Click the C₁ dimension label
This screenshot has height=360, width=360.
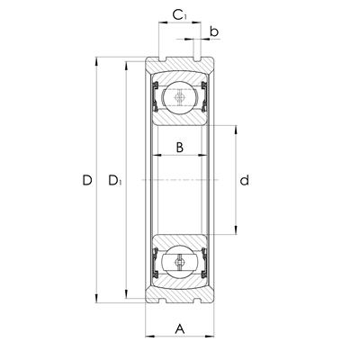(180, 15)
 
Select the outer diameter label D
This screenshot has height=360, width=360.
(87, 181)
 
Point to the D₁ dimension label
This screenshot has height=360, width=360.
(114, 181)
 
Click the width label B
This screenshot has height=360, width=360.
(180, 148)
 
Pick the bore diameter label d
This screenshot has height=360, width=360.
(244, 181)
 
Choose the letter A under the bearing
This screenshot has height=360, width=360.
(180, 329)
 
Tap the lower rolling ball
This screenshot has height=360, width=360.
(180, 264)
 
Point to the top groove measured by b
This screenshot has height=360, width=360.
(195, 61)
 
